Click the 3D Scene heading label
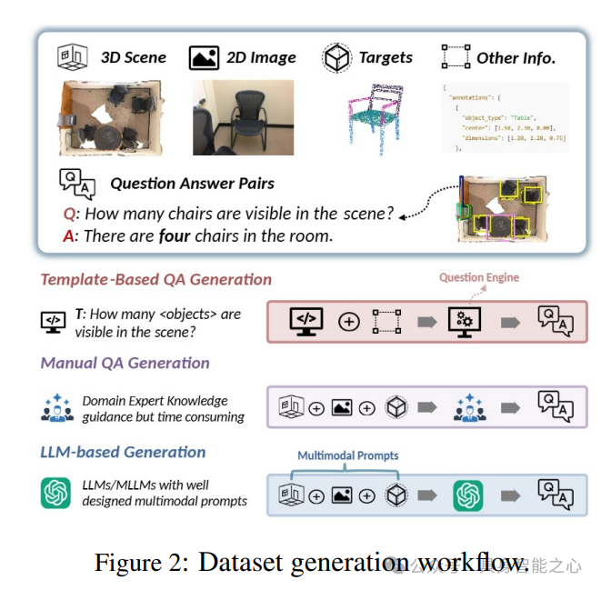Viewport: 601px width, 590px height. coord(133,57)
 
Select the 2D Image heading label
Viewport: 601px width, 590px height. coord(261,57)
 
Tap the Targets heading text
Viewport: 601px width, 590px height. coord(386,57)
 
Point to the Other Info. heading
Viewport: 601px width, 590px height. coord(516,57)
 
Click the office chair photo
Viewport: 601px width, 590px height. coord(243,117)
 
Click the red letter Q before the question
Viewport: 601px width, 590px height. coord(69,215)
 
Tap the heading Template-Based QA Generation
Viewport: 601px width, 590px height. coord(155,280)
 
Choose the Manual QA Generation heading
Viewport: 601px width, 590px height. coord(125,363)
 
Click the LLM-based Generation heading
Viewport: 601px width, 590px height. coord(123,452)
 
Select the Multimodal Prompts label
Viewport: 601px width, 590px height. coord(347,455)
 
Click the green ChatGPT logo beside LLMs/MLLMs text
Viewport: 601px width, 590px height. coord(55,493)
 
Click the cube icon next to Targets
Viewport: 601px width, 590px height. coord(336,58)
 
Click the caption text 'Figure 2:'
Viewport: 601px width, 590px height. coord(141,563)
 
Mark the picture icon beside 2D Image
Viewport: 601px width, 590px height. coord(204,58)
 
